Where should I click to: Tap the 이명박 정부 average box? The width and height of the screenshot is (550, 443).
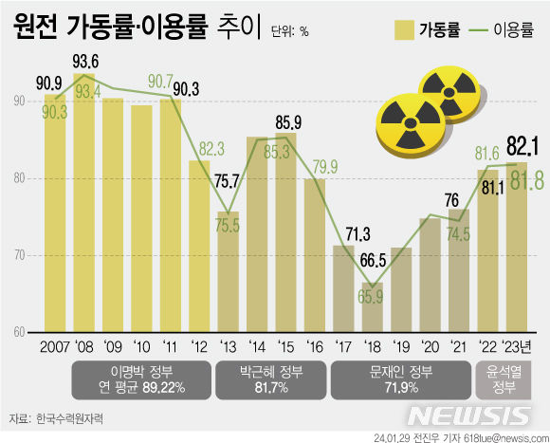140,379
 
